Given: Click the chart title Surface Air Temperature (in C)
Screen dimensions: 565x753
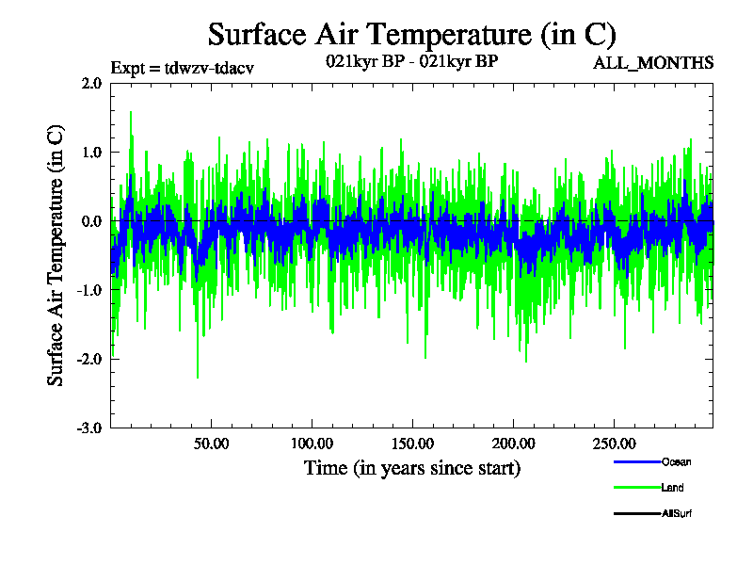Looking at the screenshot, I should point(412,35).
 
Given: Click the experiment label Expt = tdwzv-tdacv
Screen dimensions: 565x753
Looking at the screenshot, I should point(183,68).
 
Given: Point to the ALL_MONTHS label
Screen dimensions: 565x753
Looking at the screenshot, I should point(652,63).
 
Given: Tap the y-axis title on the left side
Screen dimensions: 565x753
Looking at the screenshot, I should point(56,255).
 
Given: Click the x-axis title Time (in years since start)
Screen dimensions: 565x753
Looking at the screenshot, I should point(411,467).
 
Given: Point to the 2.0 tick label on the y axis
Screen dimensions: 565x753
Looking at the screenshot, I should point(91,83).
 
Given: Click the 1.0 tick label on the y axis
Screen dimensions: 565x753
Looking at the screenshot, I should point(91,152).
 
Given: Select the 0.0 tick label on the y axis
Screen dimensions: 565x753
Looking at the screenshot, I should point(91,221).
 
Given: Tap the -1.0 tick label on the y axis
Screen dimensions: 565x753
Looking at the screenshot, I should point(89,290).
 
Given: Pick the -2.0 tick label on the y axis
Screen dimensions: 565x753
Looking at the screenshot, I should point(89,359).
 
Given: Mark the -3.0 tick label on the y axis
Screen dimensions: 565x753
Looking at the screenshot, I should point(89,428).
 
